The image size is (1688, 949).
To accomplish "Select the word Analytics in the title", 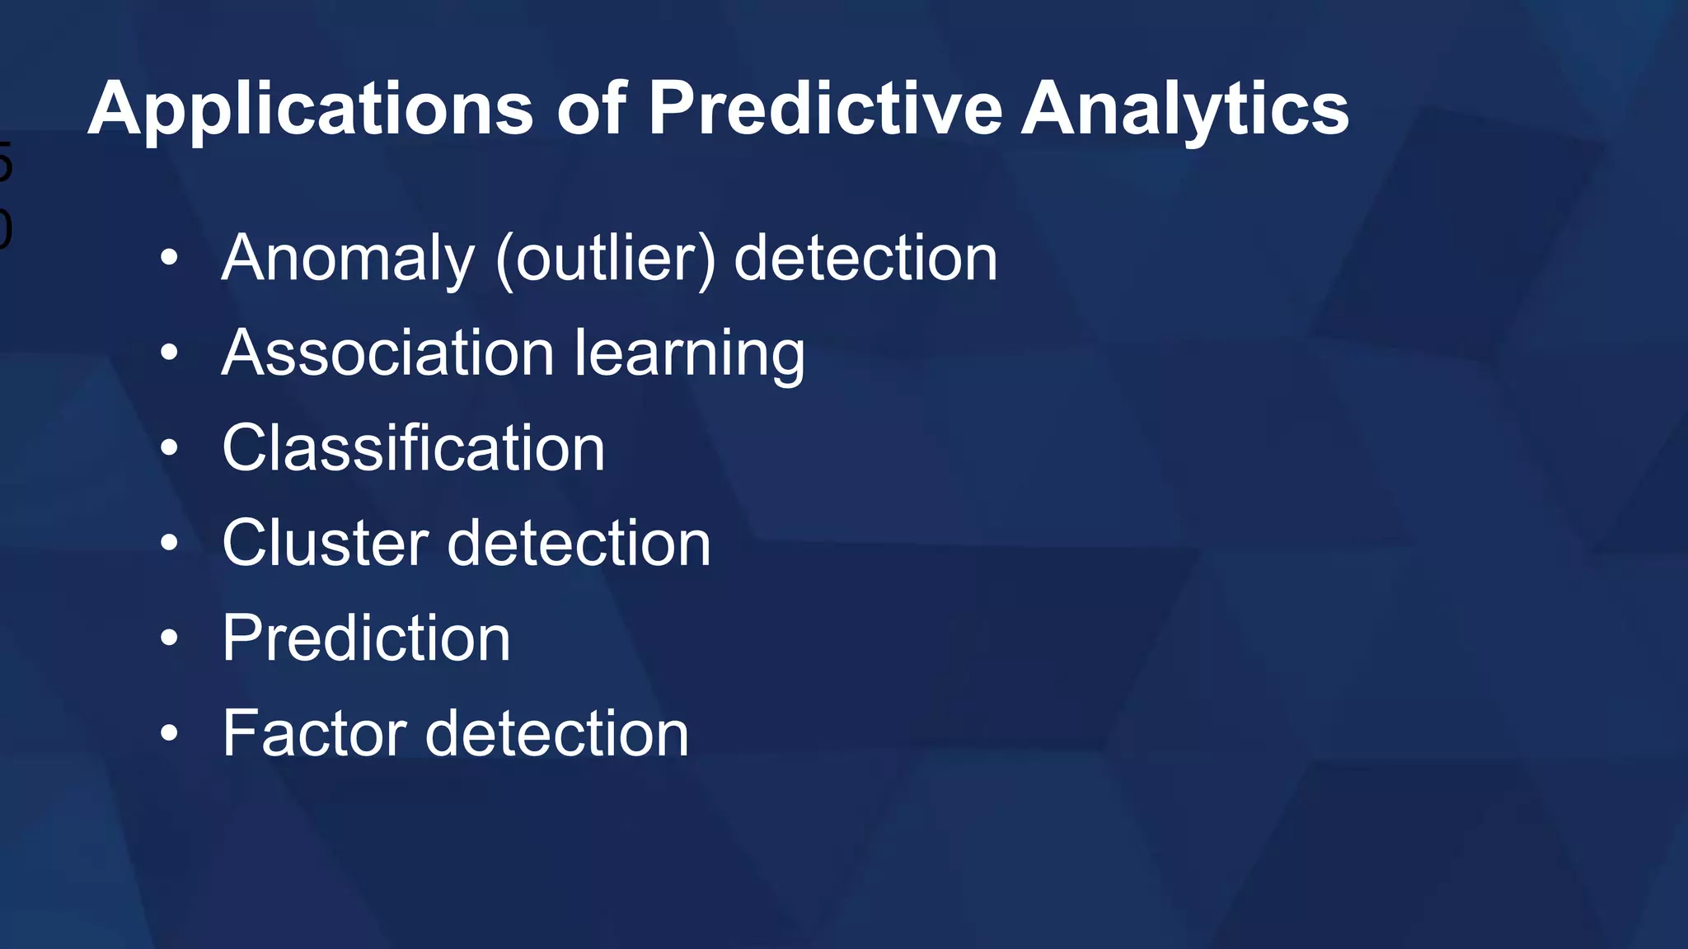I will coord(1184,110).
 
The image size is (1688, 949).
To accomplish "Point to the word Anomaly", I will coord(348,259).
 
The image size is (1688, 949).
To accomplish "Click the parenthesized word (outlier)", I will coord(605,259).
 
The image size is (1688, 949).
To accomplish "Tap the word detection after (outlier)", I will coord(865,258).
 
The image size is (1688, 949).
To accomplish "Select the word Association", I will coord(387,353).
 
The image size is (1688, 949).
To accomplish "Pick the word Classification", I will coord(413,448).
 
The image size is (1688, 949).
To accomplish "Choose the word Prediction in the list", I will coord(366,638).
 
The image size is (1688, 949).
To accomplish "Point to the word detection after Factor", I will coord(556,733).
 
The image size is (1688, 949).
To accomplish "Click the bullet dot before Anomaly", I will coord(169,258).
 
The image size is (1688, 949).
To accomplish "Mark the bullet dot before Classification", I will coord(169,448).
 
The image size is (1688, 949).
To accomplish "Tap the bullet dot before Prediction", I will coord(169,638).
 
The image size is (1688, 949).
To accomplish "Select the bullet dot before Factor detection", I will coord(169,732).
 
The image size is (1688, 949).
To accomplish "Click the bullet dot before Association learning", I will coord(169,353).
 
